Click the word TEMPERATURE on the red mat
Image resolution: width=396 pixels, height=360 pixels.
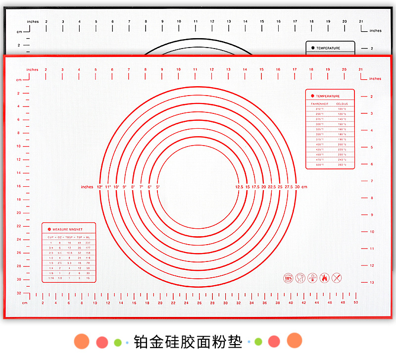pyautogui.click(x=329, y=96)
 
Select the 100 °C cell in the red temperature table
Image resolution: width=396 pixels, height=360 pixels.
pyautogui.click(x=342, y=108)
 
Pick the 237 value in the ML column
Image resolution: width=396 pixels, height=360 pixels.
pyautogui.click(x=88, y=243)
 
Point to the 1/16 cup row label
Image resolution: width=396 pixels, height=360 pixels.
pyautogui.click(x=50, y=278)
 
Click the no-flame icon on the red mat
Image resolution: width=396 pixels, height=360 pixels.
pyautogui.click(x=325, y=278)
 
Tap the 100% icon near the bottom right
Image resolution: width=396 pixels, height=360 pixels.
pyautogui.click(x=288, y=278)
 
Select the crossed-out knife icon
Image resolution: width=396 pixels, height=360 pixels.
pyautogui.click(x=337, y=278)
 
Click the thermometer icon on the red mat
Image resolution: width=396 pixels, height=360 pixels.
pyautogui.click(x=312, y=278)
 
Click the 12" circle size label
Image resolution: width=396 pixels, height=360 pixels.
pyautogui.click(x=99, y=187)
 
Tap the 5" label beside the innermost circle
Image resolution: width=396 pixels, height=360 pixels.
pyautogui.click(x=158, y=187)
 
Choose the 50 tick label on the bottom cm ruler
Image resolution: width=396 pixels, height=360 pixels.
pyautogui.click(x=356, y=303)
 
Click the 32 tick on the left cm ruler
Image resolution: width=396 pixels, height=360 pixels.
pyautogui.click(x=19, y=293)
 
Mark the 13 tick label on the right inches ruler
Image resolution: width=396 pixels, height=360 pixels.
pyautogui.click(x=372, y=282)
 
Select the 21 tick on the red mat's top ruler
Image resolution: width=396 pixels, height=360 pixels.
pyautogui.click(x=360, y=70)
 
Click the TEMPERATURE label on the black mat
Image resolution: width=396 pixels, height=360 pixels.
pyautogui.click(x=328, y=48)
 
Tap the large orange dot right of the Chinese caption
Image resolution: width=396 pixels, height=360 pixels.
pyautogui.click(x=295, y=340)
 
